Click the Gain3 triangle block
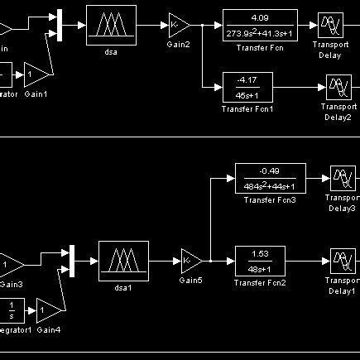click(11, 265)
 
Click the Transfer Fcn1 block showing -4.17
click(247, 86)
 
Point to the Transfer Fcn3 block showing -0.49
click(271, 177)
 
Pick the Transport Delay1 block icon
click(342, 260)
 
